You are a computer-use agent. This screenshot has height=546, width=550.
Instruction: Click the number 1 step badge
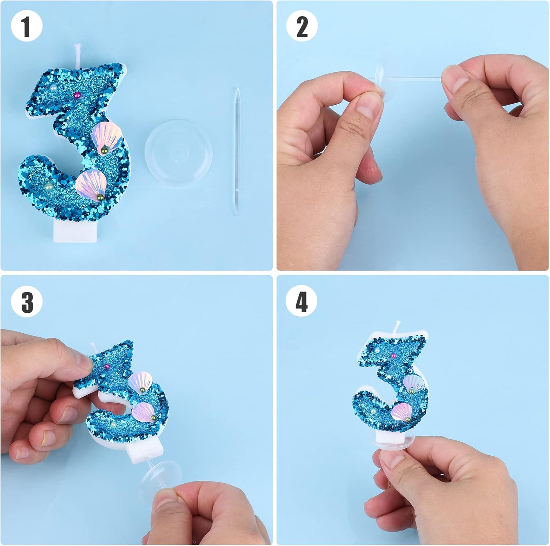[26, 26]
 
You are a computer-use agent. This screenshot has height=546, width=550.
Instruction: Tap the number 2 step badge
[302, 26]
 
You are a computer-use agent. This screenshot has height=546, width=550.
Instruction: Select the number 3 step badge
[26, 302]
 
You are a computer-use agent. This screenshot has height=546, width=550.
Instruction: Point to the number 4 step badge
[302, 302]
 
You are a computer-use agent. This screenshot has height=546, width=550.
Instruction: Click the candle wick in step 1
[78, 54]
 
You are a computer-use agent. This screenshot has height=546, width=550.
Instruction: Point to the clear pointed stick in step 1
[237, 151]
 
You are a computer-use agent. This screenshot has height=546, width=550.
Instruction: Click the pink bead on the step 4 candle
[393, 355]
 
